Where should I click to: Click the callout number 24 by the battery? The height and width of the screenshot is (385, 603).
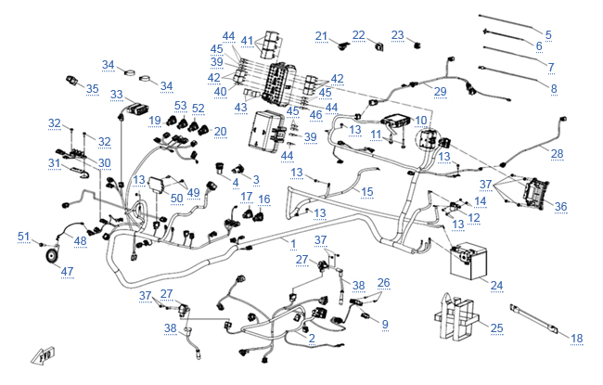(496, 285)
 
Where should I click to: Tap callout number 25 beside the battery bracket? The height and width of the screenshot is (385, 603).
(496, 328)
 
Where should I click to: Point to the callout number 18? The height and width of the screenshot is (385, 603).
(576, 338)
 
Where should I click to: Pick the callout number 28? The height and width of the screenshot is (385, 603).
(557, 153)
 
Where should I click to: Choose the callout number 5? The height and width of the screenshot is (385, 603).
(547, 34)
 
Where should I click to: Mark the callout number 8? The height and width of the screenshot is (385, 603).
(554, 88)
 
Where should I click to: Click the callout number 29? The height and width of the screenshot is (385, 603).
(440, 91)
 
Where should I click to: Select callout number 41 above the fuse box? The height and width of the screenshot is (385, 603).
(247, 41)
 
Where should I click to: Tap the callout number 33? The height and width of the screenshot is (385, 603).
(116, 95)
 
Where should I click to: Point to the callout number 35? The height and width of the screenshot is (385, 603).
(92, 89)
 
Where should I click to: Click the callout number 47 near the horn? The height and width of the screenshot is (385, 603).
(67, 271)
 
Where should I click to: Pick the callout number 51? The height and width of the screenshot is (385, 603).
(24, 236)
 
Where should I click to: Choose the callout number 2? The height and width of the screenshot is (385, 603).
(312, 339)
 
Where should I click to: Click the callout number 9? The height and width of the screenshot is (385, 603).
(384, 324)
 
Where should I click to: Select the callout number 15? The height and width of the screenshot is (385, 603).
(367, 192)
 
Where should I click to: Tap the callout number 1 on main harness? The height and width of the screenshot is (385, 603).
(293, 243)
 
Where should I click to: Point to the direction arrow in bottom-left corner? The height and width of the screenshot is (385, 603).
(40, 355)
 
